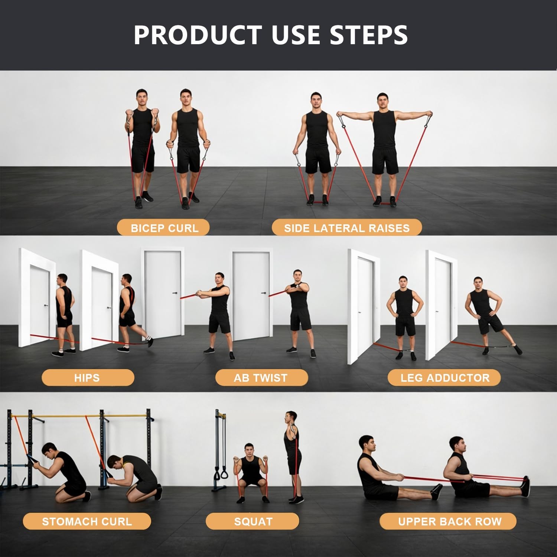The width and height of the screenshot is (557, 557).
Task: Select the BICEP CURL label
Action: tap(164, 228)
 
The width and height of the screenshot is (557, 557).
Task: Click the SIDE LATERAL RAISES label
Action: tap(346, 228)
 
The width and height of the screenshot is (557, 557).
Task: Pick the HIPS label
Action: tap(87, 378)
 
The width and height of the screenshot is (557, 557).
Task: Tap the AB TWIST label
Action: tap(261, 378)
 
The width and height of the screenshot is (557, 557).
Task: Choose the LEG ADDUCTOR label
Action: tap(444, 378)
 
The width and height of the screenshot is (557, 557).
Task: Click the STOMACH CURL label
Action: tap(87, 522)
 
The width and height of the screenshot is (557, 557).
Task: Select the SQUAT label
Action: tap(253, 522)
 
